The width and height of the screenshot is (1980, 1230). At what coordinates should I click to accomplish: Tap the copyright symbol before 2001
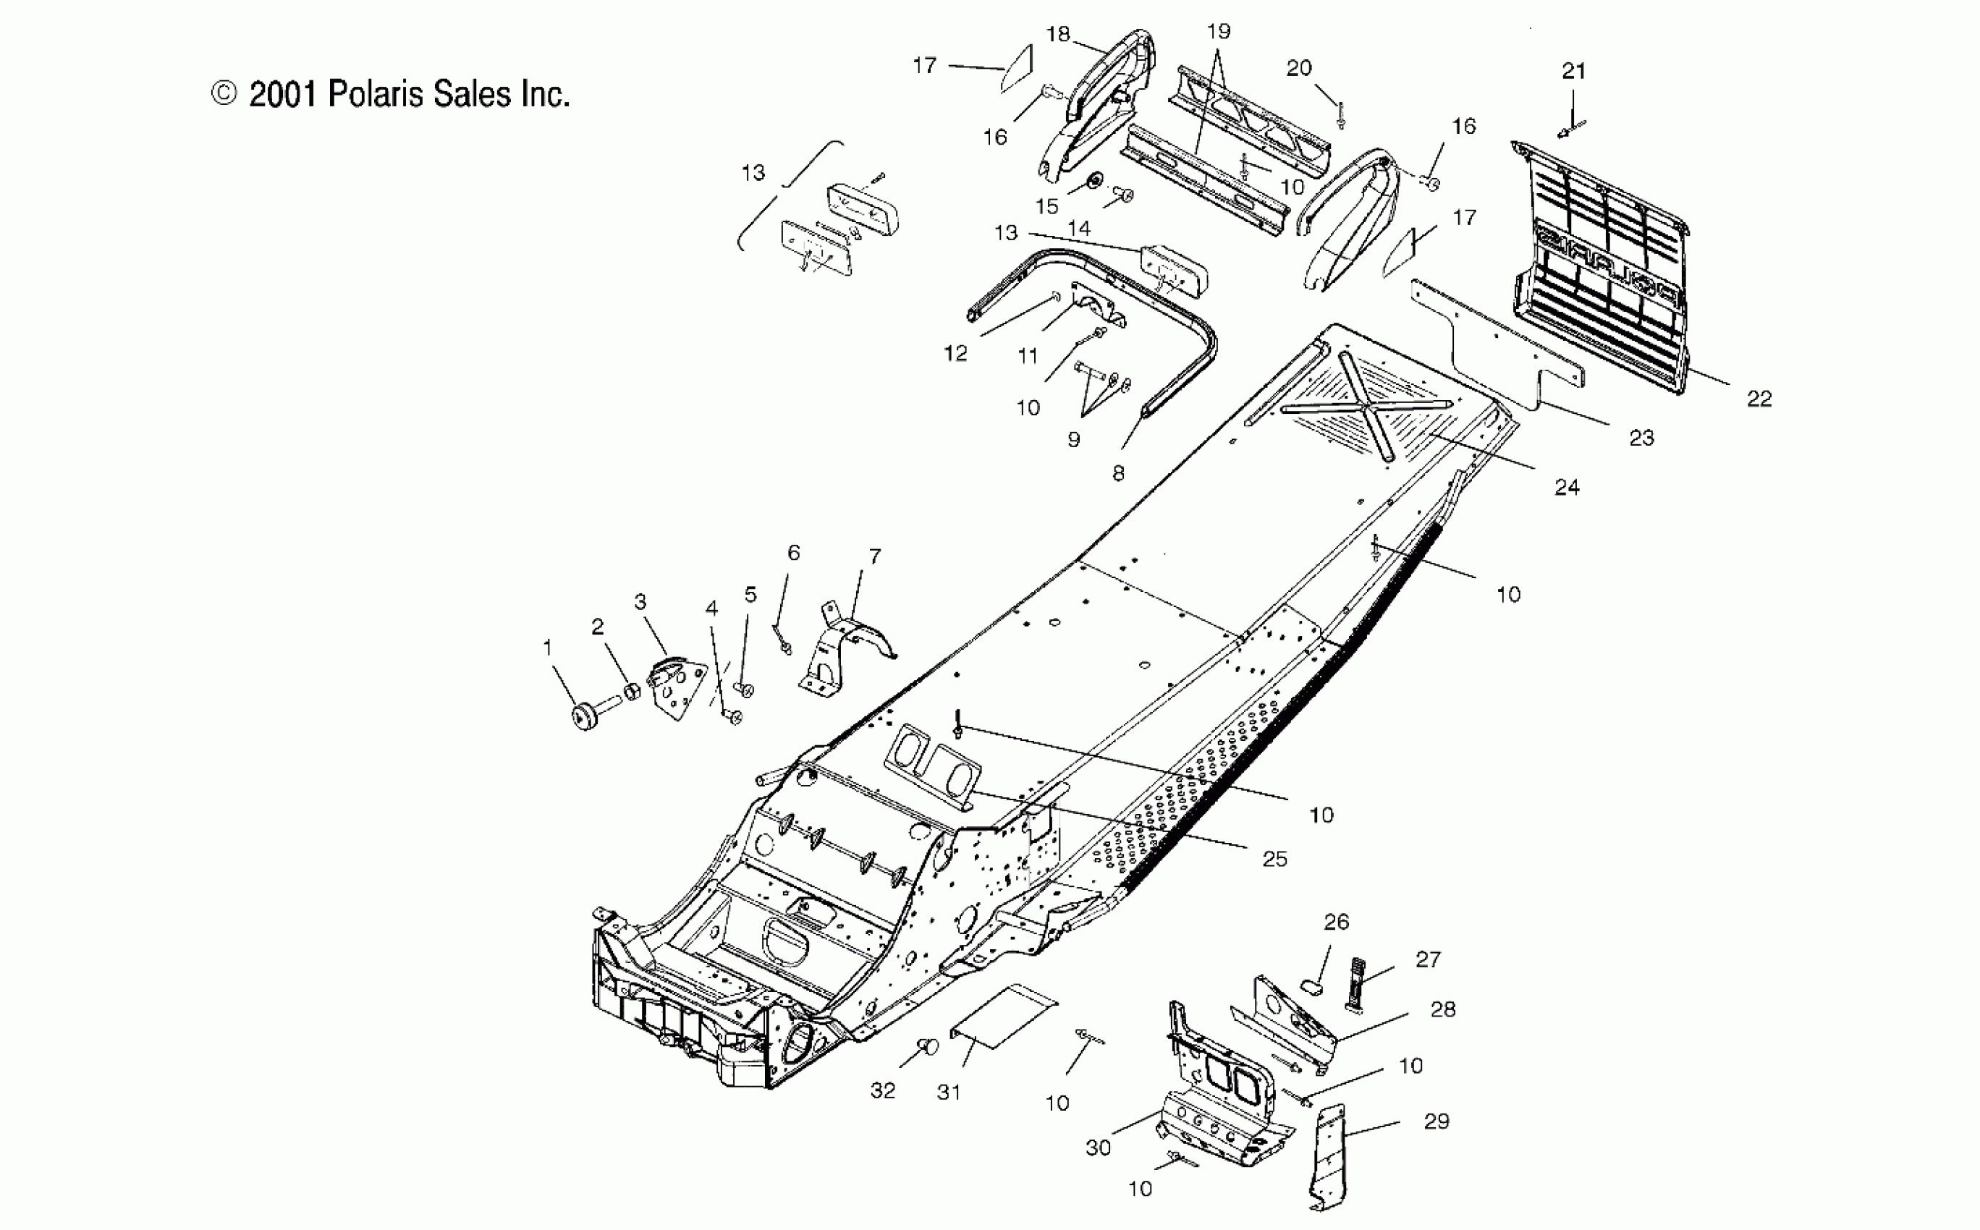coord(224,93)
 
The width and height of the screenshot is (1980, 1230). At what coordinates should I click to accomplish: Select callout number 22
coord(1759,399)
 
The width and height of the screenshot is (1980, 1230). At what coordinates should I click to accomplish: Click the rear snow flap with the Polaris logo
coord(1599,268)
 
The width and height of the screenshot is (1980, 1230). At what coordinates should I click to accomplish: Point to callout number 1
coord(548,648)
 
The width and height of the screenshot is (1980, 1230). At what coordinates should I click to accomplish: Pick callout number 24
coord(1567,487)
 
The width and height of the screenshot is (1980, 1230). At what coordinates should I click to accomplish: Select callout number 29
coord(1437,1121)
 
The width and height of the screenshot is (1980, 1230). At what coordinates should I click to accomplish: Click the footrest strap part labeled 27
coord(1356,984)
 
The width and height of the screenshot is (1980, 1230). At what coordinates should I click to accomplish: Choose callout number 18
coord(1057,33)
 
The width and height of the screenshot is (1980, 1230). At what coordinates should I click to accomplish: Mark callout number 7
coord(874,556)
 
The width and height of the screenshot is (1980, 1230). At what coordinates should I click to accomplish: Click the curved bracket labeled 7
coord(846,650)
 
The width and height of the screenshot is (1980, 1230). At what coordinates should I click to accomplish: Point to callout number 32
coord(883,1091)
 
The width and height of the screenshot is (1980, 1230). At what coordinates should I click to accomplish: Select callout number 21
coord(1573,71)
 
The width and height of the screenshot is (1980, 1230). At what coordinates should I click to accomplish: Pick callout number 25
coord(1274,859)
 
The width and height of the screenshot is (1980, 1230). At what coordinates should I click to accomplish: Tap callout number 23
coord(1641,438)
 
